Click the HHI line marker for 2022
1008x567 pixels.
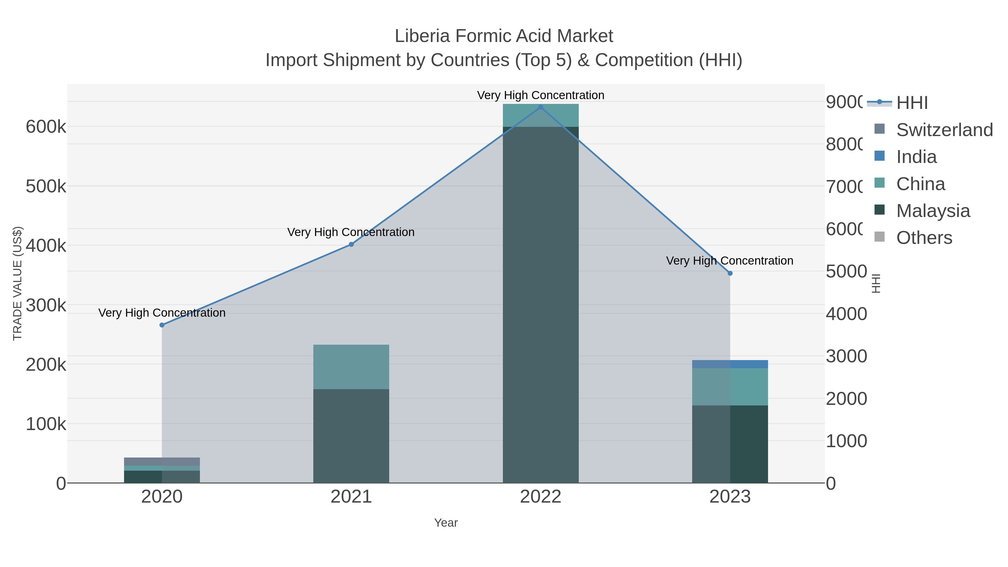(x=540, y=107)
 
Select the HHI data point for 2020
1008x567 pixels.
(x=162, y=325)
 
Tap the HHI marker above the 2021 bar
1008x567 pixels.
(x=351, y=244)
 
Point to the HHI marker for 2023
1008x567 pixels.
(x=730, y=273)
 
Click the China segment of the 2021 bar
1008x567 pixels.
(x=351, y=367)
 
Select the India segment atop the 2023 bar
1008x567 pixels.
(x=730, y=364)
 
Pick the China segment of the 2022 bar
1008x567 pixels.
(x=540, y=115)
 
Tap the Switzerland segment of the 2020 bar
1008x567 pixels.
(x=162, y=461)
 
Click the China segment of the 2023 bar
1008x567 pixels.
(x=730, y=387)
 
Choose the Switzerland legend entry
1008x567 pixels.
(x=944, y=130)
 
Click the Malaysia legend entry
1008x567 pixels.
(x=933, y=211)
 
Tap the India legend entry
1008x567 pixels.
(x=916, y=157)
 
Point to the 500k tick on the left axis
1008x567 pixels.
(x=46, y=186)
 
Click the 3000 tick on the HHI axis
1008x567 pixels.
(x=846, y=356)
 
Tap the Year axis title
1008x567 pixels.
(x=446, y=523)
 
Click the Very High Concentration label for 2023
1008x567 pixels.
(x=729, y=261)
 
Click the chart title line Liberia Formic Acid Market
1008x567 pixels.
(x=504, y=36)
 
